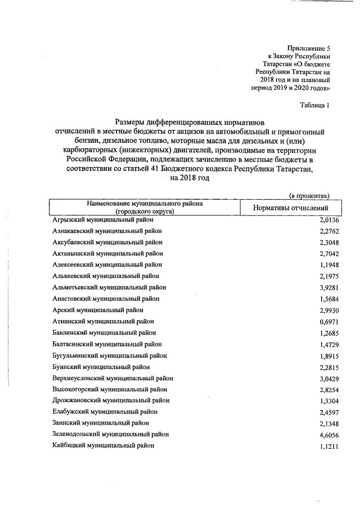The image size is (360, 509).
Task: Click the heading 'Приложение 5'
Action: pyautogui.click(x=308, y=49)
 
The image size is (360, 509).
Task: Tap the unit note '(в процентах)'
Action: pyautogui.click(x=309, y=195)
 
